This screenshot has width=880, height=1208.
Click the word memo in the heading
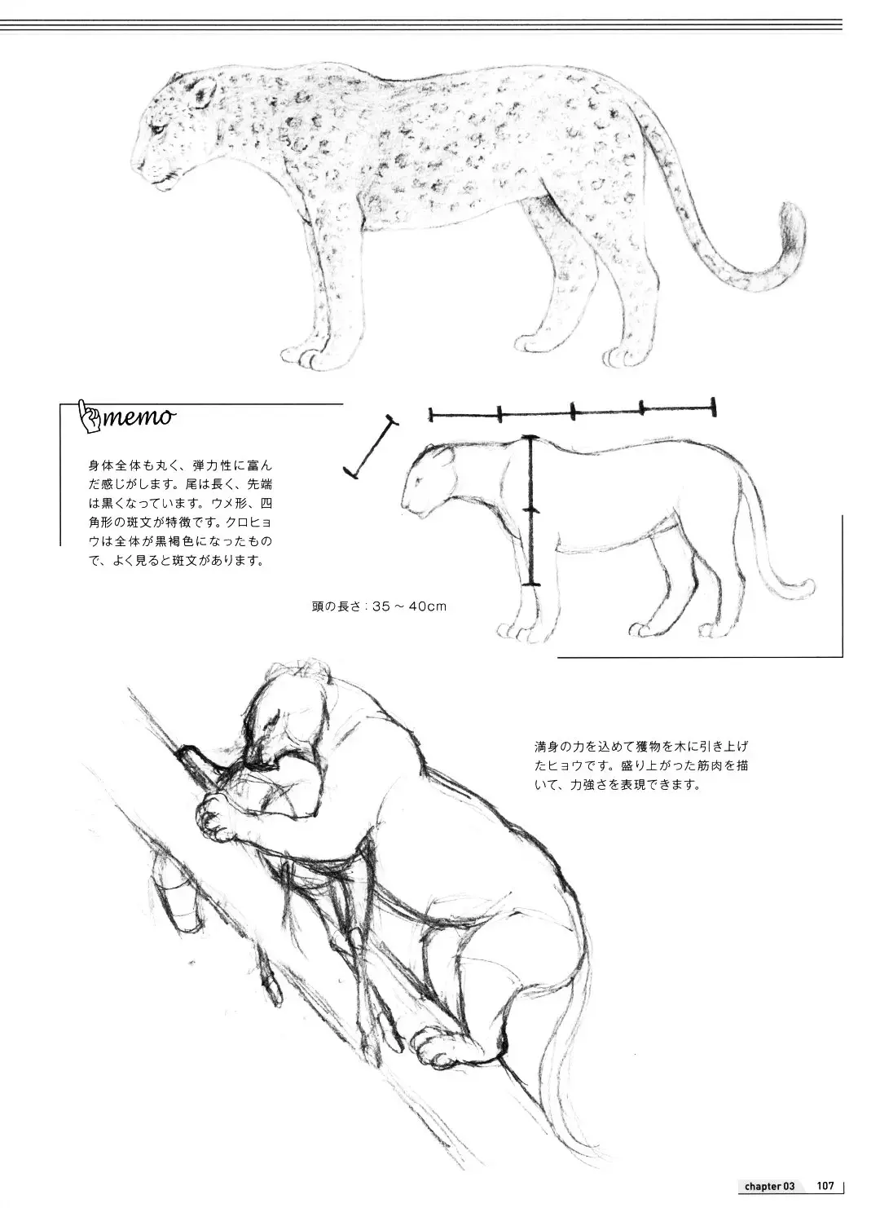pos(139,417)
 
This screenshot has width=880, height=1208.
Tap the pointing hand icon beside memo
pos(89,415)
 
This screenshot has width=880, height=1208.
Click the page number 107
pos(825,1185)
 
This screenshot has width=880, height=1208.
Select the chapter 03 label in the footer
pos(769,1186)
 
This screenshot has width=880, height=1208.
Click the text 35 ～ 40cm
pos(409,606)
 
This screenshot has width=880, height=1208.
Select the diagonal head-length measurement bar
pos(371,447)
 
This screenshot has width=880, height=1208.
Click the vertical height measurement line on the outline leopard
pos(531,510)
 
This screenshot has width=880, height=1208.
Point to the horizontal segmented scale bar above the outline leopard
pos(573,414)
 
